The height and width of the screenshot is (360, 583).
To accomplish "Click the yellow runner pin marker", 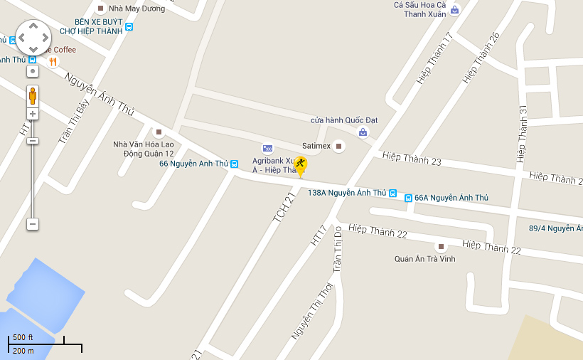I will [x=301, y=166].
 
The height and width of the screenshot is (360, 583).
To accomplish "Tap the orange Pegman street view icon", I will [x=33, y=95].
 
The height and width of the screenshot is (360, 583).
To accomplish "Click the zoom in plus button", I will [x=33, y=114].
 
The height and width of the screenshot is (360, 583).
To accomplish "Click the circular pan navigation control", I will [x=33, y=37].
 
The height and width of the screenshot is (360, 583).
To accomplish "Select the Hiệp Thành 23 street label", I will [x=412, y=159].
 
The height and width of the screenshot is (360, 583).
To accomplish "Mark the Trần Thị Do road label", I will [x=338, y=248].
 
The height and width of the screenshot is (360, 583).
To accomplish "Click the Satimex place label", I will [x=316, y=146].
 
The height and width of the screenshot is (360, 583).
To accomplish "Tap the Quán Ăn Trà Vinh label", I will [x=425, y=259].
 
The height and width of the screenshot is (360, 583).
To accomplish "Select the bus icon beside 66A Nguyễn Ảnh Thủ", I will [x=408, y=198].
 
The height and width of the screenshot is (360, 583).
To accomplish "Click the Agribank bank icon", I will [x=267, y=148].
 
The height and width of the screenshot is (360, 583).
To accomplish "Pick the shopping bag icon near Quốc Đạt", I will [x=363, y=132].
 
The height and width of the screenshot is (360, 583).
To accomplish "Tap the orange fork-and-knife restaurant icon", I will [x=53, y=62].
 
